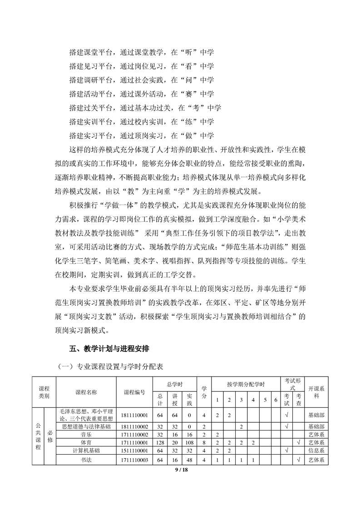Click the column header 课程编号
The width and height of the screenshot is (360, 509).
tap(134, 392)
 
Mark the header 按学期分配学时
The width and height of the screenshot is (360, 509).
tap(246, 384)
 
